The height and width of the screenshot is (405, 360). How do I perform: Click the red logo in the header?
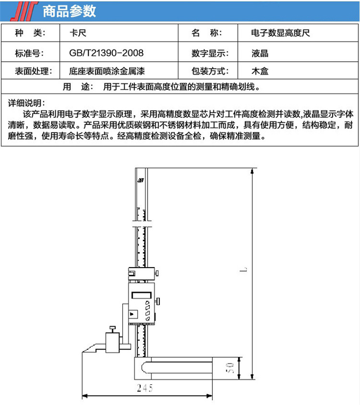coord(24,11)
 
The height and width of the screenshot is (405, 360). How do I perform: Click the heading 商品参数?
coord(69,11)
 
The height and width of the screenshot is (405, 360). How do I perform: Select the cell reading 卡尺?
coord(78,33)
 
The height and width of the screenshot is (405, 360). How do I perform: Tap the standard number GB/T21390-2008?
coord(106,53)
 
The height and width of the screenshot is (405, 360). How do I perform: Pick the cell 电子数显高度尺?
coord(280,33)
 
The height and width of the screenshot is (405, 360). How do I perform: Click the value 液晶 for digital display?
coord(260,54)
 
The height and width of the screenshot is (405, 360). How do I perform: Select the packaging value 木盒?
coord(260,71)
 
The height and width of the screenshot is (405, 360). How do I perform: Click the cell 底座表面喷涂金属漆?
coord(107,71)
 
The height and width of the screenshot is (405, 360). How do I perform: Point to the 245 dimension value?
coord(145,388)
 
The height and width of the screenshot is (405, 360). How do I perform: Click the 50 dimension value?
coord(229,368)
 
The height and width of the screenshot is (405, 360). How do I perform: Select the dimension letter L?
coord(243,270)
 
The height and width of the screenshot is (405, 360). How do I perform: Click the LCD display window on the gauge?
coord(141,295)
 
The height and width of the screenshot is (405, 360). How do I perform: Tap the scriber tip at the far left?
coord(83,352)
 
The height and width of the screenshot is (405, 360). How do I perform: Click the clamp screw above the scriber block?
coord(112,330)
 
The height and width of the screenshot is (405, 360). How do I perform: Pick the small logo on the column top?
coord(141,180)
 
